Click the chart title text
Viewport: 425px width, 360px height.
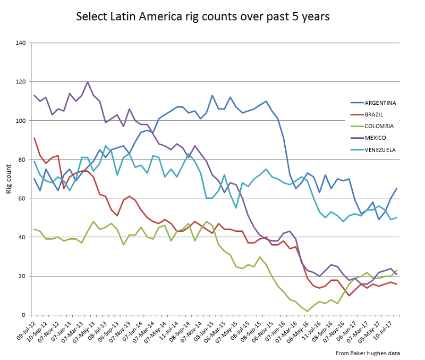[203, 16]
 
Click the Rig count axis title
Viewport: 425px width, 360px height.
[9, 179]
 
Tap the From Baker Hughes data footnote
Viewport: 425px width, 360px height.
[367, 353]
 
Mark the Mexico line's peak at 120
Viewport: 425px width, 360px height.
[88, 82]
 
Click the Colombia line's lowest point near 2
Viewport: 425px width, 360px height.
[307, 311]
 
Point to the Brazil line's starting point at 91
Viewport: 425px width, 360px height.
[35, 138]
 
